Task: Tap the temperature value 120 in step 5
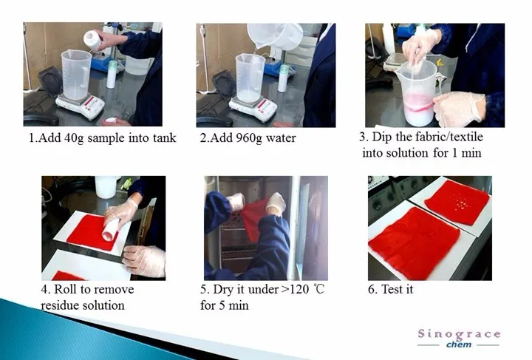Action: point(299,290)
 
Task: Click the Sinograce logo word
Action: point(459,334)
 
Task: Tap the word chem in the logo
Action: point(459,344)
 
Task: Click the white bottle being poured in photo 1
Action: point(94,40)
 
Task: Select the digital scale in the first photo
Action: point(81,105)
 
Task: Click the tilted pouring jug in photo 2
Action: point(274,36)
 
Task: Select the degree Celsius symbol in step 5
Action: point(319,290)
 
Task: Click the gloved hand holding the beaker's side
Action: point(459,107)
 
